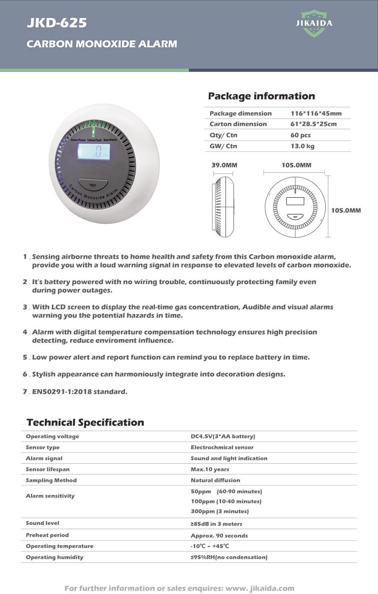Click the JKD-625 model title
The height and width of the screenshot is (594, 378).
57,23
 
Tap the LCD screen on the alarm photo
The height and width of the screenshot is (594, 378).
94,152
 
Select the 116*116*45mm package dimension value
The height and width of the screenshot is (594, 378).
316,114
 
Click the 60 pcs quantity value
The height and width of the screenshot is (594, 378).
301,135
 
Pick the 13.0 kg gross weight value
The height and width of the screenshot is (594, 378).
302,146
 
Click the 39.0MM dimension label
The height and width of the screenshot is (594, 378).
224,165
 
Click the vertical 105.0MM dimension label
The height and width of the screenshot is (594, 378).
346,210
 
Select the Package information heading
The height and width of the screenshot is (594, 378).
261,96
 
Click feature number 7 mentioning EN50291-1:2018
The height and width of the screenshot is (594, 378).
79,392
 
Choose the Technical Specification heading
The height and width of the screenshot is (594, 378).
85,423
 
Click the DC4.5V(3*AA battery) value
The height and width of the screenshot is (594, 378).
223,436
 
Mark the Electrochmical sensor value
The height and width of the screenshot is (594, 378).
222,447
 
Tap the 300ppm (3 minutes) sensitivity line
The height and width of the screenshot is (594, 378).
220,511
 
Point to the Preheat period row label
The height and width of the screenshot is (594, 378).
47,535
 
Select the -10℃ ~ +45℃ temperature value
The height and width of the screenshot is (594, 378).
210,546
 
